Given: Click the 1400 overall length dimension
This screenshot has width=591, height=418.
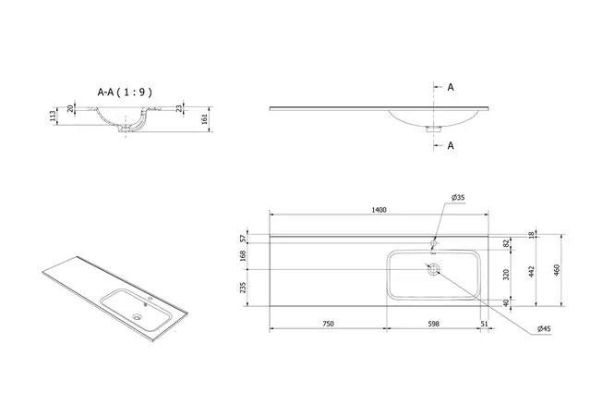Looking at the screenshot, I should pyautogui.click(x=379, y=211).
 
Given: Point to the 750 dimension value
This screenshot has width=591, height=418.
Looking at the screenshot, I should pyautogui.click(x=328, y=323).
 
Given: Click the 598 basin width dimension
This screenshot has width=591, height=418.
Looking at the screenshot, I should pyautogui.click(x=434, y=323).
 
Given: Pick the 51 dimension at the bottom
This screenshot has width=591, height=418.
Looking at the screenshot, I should pyautogui.click(x=485, y=323).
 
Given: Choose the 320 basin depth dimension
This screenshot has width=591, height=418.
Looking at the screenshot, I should pyautogui.click(x=507, y=275).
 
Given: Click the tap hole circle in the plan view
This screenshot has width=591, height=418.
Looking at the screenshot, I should pyautogui.click(x=432, y=244).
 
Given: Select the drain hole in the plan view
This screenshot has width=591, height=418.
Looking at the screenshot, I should pyautogui.click(x=431, y=270).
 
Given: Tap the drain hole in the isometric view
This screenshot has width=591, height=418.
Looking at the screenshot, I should pyautogui.click(x=139, y=315).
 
